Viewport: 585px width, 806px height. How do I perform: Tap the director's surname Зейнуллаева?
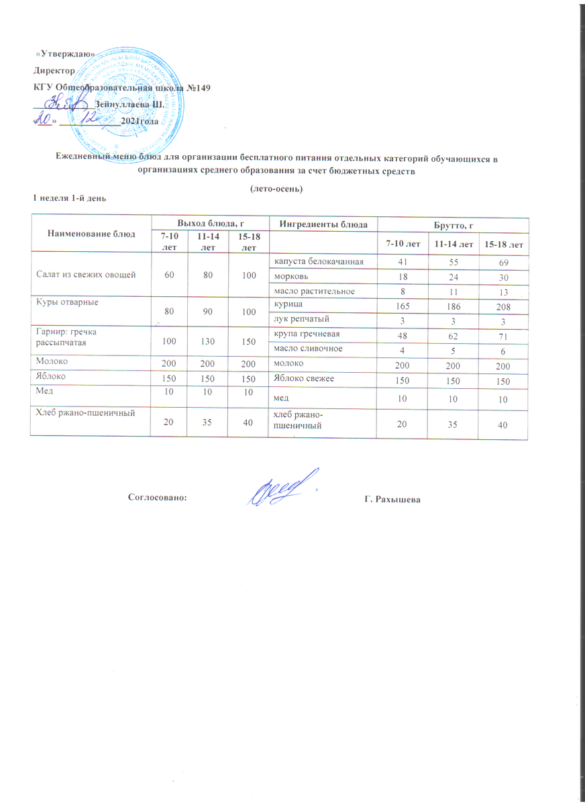click(x=121, y=104)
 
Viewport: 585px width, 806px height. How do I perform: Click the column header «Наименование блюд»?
click(x=91, y=234)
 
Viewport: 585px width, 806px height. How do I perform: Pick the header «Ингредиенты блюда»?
click(x=322, y=223)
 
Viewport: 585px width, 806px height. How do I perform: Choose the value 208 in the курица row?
click(x=504, y=306)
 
